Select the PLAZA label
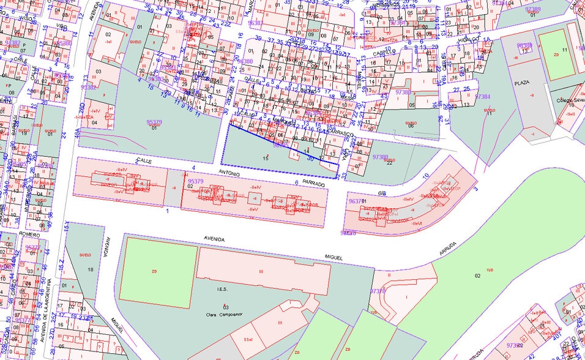tap(521, 83)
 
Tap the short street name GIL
tap(382, 193)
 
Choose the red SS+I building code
tap(248, 339)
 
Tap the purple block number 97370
tap(378, 291)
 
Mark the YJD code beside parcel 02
tap(489, 270)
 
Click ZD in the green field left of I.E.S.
tap(154, 269)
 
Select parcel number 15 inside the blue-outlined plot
tap(266, 158)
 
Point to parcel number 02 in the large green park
tap(477, 276)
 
